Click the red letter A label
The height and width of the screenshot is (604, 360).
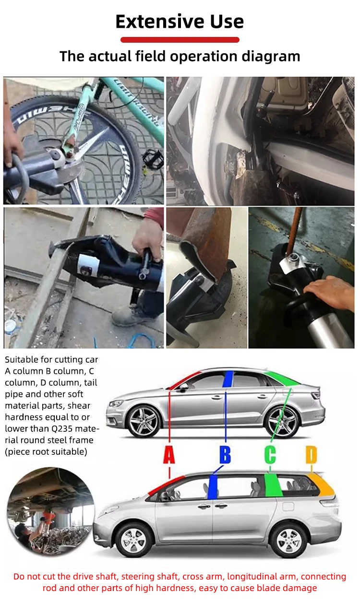tap(169, 455)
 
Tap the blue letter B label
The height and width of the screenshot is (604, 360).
tap(225, 455)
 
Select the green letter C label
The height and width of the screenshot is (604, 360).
tap(270, 455)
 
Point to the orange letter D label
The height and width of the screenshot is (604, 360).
tap(311, 455)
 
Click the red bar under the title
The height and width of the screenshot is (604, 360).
tap(180, 40)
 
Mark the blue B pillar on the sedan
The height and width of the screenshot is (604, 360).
tap(228, 379)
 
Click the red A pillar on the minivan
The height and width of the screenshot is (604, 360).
tap(166, 486)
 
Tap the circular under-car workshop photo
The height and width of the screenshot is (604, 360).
tap(50, 511)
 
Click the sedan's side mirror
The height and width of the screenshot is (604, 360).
tap(184, 388)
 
